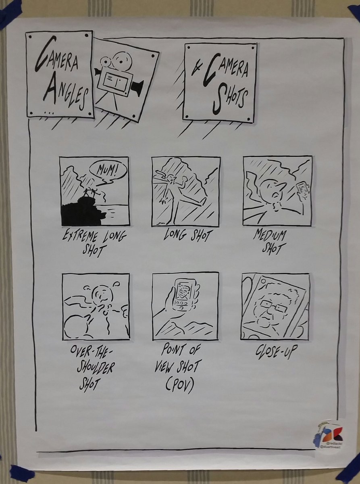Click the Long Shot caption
coord(186,235)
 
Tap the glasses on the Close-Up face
coord(273,307)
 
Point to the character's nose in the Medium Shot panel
coord(281,186)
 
